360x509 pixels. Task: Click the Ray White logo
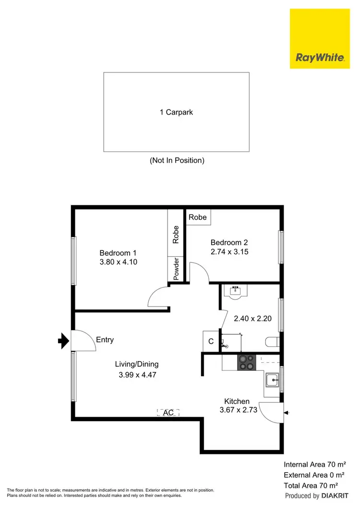click(320, 38)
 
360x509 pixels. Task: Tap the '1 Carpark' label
click(176, 112)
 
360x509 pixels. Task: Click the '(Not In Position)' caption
click(177, 160)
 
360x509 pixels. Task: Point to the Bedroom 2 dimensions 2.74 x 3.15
click(229, 251)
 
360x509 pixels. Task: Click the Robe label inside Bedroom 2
click(197, 217)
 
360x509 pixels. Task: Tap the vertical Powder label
click(176, 270)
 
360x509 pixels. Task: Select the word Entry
click(105, 340)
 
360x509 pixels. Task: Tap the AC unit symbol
click(168, 412)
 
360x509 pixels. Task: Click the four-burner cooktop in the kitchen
click(247, 362)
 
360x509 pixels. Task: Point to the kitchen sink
click(273, 380)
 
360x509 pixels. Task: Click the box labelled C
click(210, 342)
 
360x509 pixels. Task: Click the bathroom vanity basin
click(236, 291)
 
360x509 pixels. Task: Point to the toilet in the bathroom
click(272, 342)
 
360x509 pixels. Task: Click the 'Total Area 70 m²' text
click(314, 485)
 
